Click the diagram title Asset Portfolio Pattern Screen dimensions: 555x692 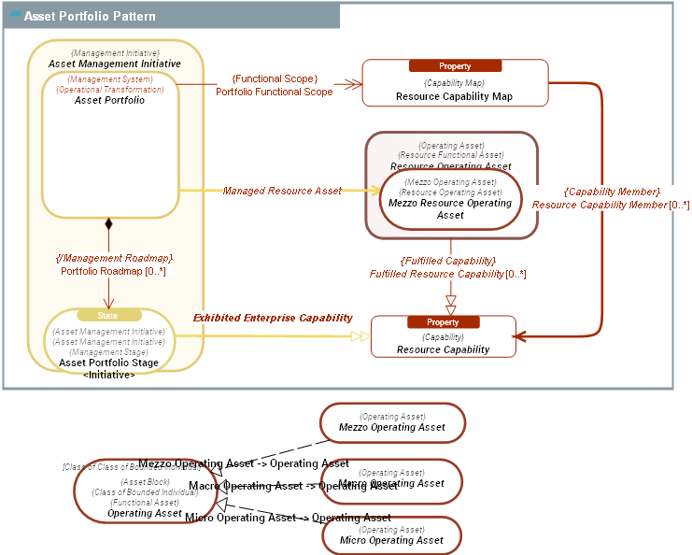pos(90,17)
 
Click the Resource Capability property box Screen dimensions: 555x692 pos(443,343)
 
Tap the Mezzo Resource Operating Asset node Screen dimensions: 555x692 pos(450,201)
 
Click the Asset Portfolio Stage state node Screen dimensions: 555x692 pos(108,346)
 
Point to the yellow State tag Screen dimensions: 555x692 pos(108,316)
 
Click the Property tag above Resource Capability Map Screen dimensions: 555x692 pos(455,66)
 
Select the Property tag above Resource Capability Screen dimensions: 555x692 pos(443,322)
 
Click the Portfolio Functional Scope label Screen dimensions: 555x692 pos(274,92)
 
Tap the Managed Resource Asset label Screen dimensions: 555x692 pos(282,191)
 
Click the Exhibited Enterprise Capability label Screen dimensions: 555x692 pos(273,319)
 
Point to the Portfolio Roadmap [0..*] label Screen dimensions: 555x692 pos(113,271)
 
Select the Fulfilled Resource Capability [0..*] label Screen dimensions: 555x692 pos(447,274)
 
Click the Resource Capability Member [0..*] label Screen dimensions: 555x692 pos(610,205)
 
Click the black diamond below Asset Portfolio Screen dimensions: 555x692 pos(108,224)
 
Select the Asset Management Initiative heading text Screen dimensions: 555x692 pos(114,64)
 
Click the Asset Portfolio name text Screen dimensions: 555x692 pos(109,100)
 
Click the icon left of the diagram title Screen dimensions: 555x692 pos(15,16)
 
